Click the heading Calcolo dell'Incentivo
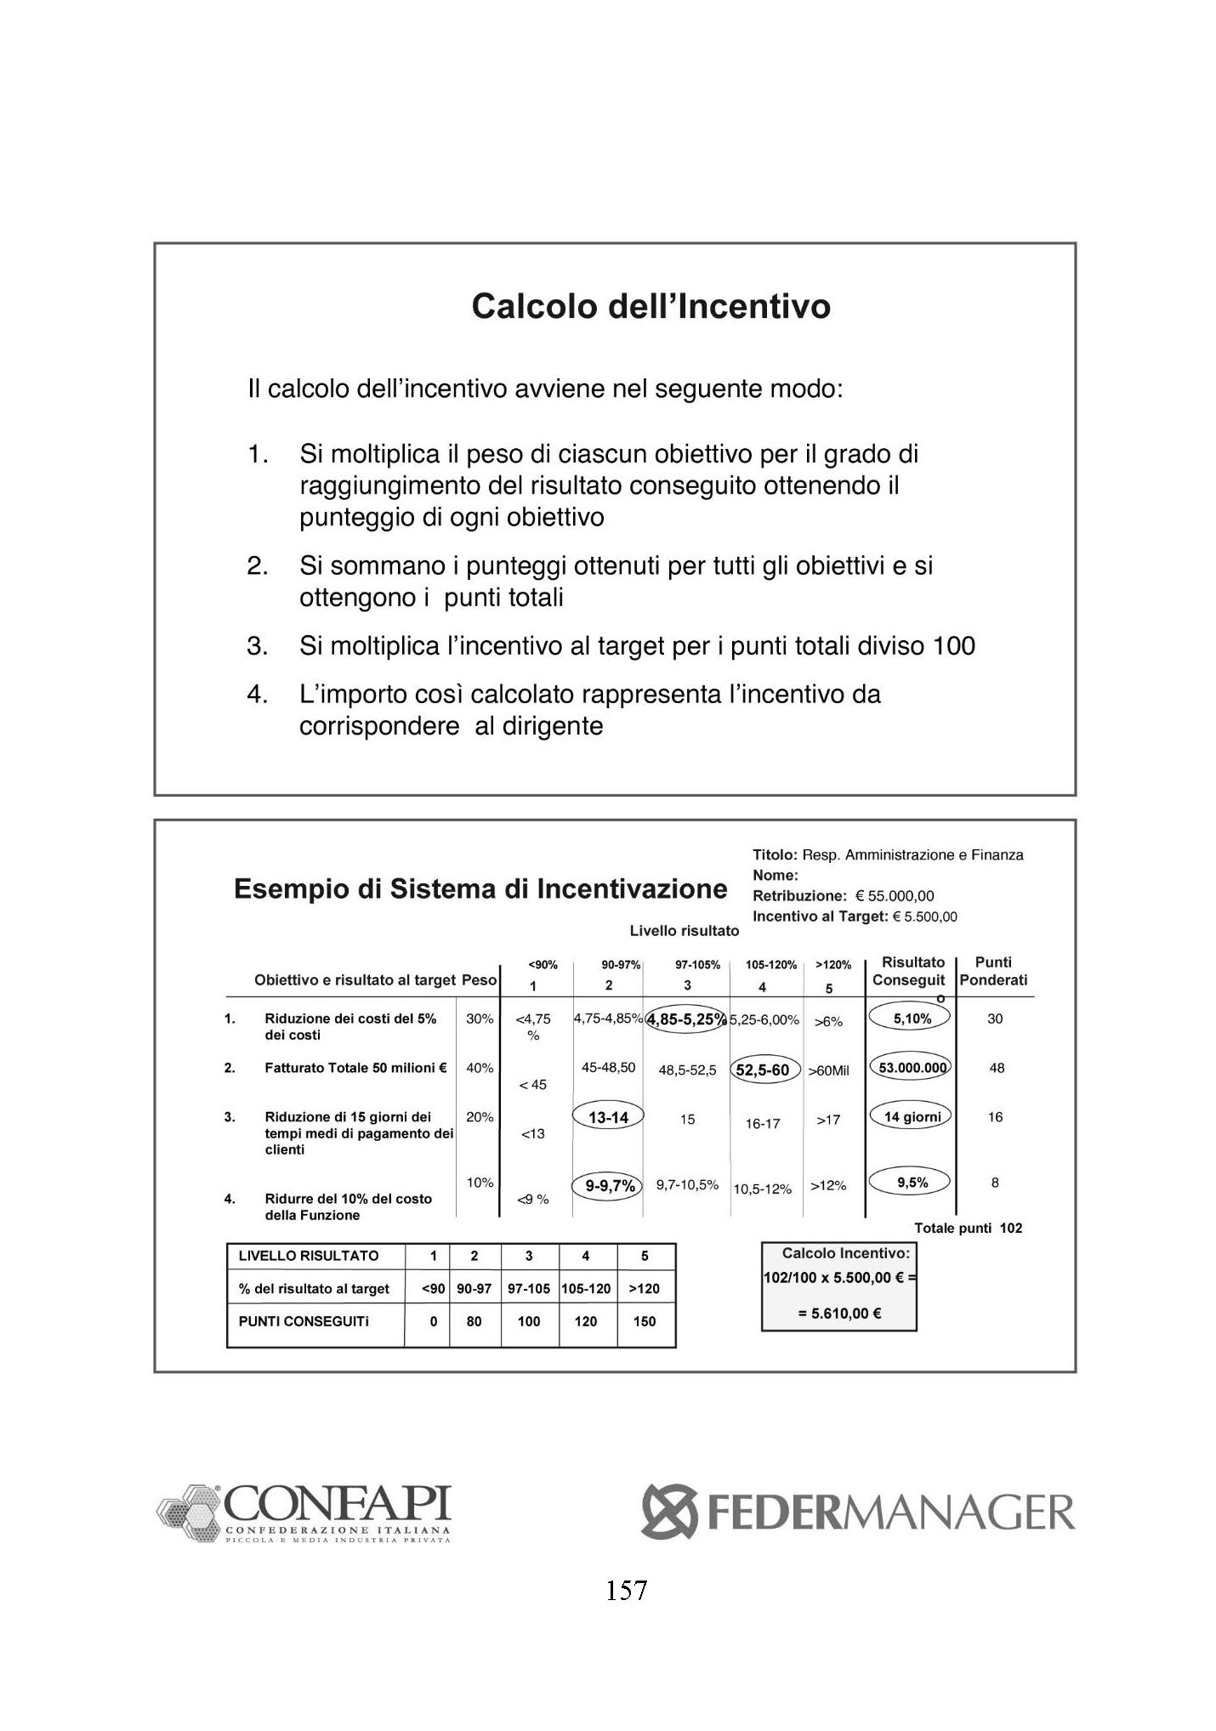point(651,306)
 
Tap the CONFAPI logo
point(304,1514)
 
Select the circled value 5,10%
point(912,1018)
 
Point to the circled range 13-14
point(608,1117)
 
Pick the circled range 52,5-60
point(762,1070)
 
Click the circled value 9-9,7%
point(609,1184)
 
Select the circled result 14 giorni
point(912,1116)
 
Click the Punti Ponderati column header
point(993,971)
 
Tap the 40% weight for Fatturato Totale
point(480,1068)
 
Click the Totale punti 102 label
point(968,1228)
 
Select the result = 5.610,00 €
point(838,1313)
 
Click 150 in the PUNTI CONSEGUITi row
point(645,1321)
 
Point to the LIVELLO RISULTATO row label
point(309,1256)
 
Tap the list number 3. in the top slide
point(257,646)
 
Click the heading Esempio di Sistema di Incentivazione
point(480,889)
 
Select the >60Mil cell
point(828,1070)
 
